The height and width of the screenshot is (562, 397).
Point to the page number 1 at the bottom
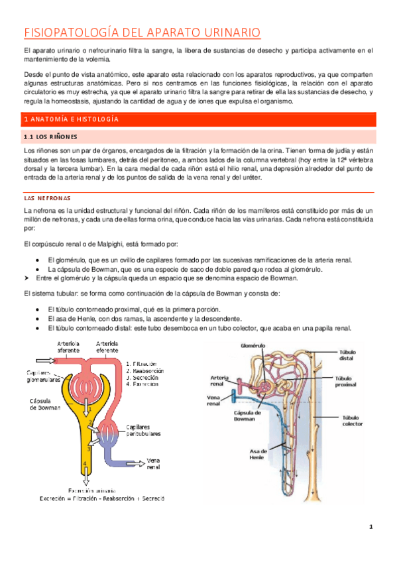pos(372,528)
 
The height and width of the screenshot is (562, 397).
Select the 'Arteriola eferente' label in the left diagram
pos(107,347)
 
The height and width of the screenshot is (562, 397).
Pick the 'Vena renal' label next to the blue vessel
pos(153,463)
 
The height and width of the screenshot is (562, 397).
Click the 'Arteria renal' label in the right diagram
pos(220,379)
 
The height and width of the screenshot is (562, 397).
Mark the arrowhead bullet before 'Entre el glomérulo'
pos(28,278)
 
